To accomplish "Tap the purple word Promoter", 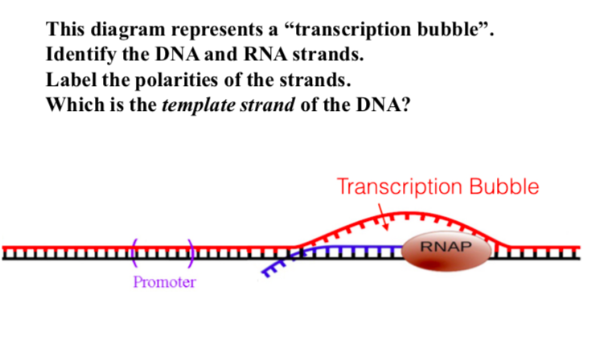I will pyautogui.click(x=164, y=282).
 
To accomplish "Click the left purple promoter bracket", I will pyautogui.click(x=134, y=252).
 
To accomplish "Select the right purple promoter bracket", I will pyautogui.click(x=191, y=252).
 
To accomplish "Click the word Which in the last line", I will pyautogui.click(x=72, y=104).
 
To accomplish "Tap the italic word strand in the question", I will pyautogui.click(x=265, y=104).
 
